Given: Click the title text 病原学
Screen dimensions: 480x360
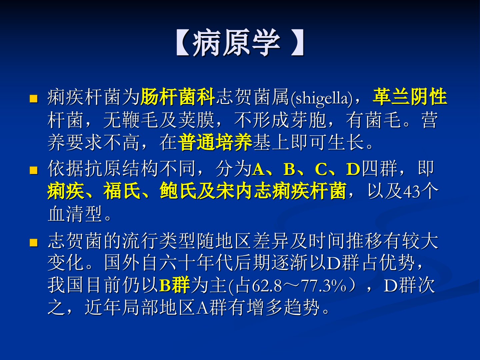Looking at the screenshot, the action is click(236, 43).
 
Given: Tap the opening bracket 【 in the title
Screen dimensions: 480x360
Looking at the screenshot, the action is click(183, 43).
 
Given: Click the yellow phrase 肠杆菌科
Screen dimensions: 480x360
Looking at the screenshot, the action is click(178, 97).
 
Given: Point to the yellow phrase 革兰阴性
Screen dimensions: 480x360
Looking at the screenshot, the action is click(410, 96).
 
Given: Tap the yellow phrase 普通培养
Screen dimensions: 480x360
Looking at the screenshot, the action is click(215, 142).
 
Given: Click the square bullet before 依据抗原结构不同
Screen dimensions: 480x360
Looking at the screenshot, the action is click(33, 170).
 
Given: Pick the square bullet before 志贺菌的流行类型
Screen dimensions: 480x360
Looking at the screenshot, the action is click(33, 242).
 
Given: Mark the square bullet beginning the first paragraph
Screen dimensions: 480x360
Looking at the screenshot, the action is click(33, 99).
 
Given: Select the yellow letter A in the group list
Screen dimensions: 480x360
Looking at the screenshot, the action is click(258, 169).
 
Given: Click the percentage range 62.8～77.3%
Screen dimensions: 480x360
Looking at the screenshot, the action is click(299, 285).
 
